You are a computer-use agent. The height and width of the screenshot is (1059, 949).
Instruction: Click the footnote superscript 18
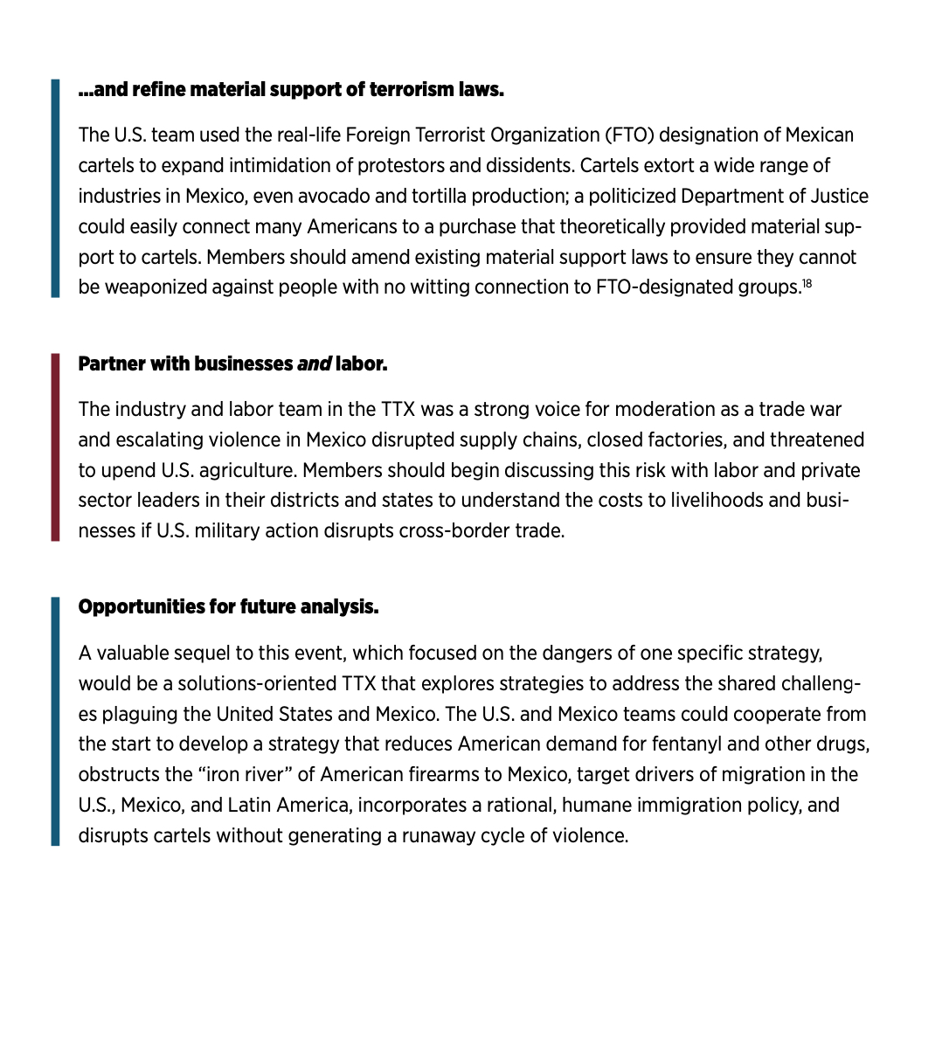click(x=807, y=283)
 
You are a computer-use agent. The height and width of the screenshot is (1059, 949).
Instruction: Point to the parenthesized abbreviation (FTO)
click(x=627, y=135)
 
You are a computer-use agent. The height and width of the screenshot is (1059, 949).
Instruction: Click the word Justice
click(x=836, y=196)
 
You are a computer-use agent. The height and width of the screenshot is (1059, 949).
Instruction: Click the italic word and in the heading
click(x=314, y=364)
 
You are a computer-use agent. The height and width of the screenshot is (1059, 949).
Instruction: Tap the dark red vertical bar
click(x=55, y=446)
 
